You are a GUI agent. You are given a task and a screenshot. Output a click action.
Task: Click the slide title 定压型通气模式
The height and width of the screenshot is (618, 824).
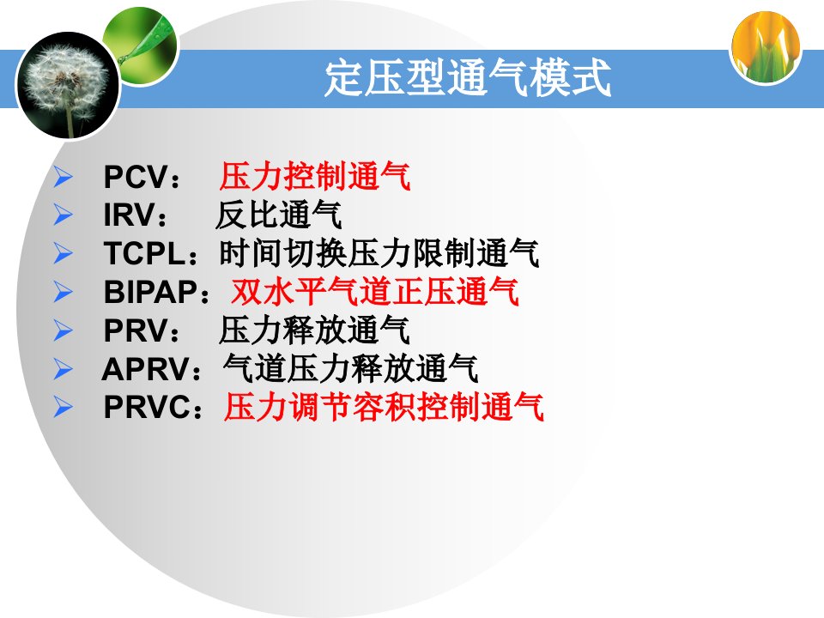(467, 79)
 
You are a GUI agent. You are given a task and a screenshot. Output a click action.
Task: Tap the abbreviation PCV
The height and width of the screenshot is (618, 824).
(136, 177)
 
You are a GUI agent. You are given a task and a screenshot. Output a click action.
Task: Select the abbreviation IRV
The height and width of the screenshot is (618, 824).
(130, 215)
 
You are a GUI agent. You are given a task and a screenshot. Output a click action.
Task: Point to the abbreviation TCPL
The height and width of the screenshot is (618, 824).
(144, 253)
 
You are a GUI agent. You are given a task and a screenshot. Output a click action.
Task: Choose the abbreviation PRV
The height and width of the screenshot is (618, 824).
(136, 330)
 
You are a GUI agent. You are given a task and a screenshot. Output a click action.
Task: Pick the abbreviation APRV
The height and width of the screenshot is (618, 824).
(146, 369)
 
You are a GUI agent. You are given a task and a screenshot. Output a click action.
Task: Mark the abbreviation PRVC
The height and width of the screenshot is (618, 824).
(147, 407)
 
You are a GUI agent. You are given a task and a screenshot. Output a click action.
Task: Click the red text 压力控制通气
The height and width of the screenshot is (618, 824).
(315, 176)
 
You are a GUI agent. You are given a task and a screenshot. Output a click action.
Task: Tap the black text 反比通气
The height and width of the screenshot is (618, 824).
(278, 215)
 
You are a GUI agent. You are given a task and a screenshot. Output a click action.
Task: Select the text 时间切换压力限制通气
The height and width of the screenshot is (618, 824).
(379, 253)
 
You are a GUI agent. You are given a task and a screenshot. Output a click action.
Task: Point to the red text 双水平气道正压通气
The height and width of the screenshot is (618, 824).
(375, 292)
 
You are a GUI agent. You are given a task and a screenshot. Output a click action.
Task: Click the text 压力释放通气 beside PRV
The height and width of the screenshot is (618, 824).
(314, 330)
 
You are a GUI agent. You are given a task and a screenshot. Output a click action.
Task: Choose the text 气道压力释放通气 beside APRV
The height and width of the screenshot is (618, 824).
(350, 368)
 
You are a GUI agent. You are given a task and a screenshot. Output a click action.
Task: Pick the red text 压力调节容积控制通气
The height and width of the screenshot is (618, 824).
(384, 407)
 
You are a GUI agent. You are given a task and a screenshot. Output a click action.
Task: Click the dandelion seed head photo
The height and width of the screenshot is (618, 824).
(68, 85)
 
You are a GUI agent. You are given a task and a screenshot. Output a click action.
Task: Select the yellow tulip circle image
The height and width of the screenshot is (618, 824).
(766, 48)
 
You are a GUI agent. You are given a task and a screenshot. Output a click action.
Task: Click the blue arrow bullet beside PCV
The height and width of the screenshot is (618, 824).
(63, 177)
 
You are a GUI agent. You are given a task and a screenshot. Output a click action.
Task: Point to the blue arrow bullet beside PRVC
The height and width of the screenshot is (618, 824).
(63, 407)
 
